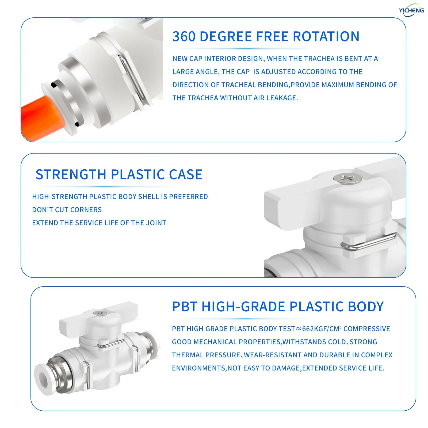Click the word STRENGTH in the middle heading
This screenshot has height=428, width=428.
71,174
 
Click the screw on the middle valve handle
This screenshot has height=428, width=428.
347,178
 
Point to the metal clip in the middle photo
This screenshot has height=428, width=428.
368,242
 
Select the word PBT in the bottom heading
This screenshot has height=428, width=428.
185,307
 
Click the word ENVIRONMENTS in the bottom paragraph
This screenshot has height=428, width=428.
199,368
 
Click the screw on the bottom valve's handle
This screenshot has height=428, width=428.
98,313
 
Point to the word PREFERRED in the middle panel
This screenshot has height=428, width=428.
188,197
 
